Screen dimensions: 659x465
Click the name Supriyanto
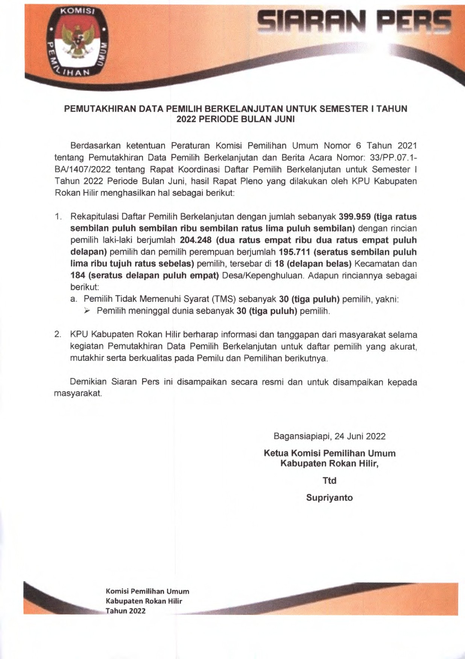(329, 498)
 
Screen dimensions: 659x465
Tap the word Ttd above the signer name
(329, 481)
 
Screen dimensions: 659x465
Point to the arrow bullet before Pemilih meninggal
(87, 311)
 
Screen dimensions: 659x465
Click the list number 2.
(58, 335)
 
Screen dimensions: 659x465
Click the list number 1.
(58, 216)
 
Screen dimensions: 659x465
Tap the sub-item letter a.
(74, 299)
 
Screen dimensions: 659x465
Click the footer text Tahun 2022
(125, 610)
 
